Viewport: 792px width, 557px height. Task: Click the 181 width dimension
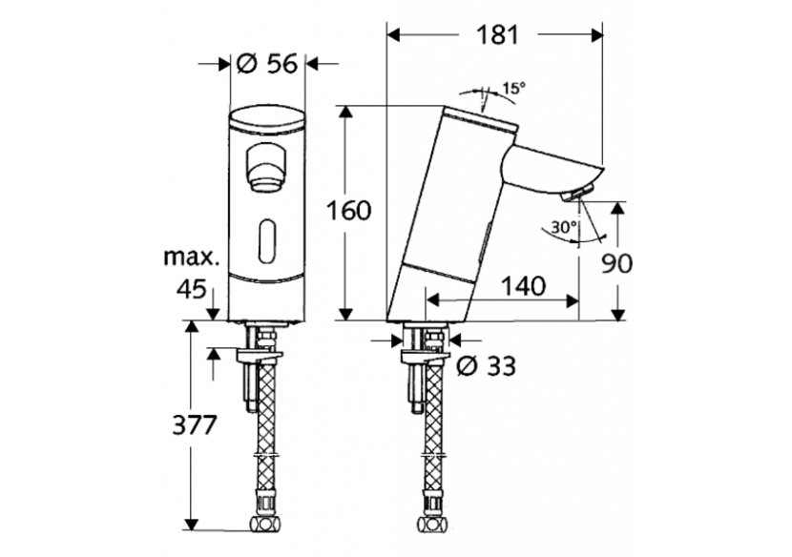(x=495, y=36)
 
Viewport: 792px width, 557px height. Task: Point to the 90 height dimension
(x=616, y=262)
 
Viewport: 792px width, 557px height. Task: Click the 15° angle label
(x=513, y=88)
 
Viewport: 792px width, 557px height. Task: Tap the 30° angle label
(x=564, y=228)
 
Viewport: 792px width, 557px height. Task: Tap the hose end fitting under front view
(x=267, y=525)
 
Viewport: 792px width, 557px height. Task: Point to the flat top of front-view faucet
(x=267, y=120)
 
